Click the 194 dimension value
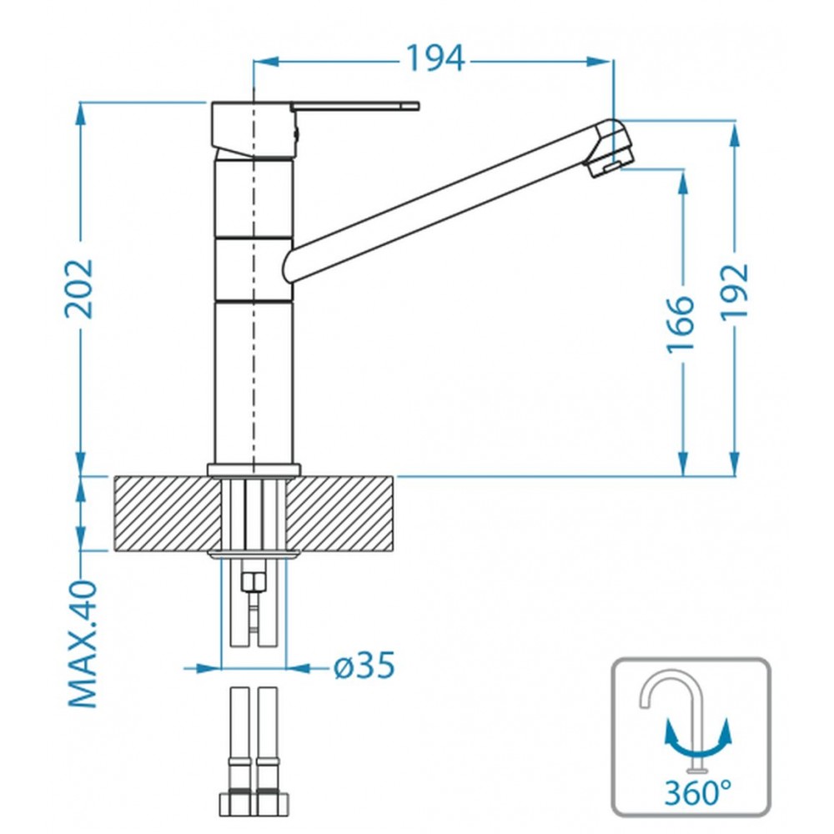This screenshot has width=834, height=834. click(x=435, y=58)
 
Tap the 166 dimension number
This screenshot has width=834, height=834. click(x=681, y=324)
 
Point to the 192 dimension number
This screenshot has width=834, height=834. click(x=735, y=292)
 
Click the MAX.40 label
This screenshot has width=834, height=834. click(x=83, y=644)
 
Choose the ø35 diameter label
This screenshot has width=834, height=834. click(x=364, y=666)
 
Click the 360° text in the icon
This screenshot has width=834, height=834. click(x=697, y=793)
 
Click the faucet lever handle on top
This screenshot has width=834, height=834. click(x=355, y=106)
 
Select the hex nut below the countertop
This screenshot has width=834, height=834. click(x=254, y=582)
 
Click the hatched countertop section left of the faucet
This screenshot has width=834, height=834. click(x=168, y=513)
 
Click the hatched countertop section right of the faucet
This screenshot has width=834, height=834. click(x=340, y=513)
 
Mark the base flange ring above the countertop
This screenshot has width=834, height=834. click(x=254, y=470)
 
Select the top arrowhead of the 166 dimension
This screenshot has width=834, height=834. click(x=682, y=183)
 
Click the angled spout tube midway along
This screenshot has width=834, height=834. click(x=447, y=202)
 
